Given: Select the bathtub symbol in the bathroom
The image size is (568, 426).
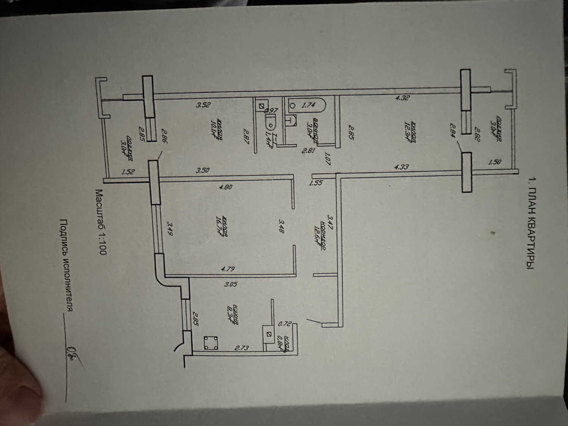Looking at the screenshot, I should click(x=307, y=105).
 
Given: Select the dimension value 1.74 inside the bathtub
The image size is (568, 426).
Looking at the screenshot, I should click(x=308, y=106).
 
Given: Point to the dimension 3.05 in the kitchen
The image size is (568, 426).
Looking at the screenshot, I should click(x=231, y=284).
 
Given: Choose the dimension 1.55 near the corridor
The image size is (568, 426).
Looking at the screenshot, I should click(x=315, y=183).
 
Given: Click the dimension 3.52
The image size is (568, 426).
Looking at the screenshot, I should click(x=203, y=105).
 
